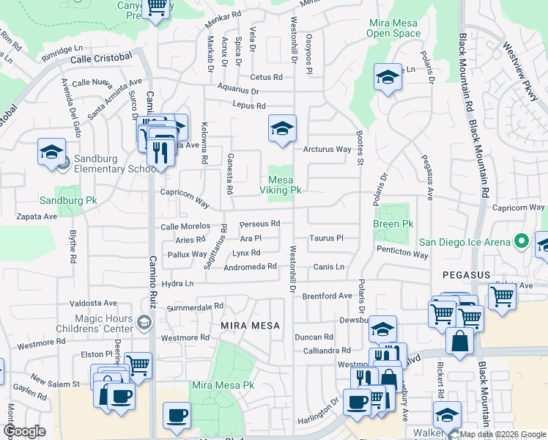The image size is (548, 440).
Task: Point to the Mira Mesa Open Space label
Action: (393, 28)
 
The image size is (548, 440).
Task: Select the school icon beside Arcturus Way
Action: (282, 130)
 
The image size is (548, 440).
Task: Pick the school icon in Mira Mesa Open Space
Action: (388, 78)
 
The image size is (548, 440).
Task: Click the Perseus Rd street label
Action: (260, 224)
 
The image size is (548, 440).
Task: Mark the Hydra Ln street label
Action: (177, 283)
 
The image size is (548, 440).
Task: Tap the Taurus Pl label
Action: (326, 238)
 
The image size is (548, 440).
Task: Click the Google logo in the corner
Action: (25, 431)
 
